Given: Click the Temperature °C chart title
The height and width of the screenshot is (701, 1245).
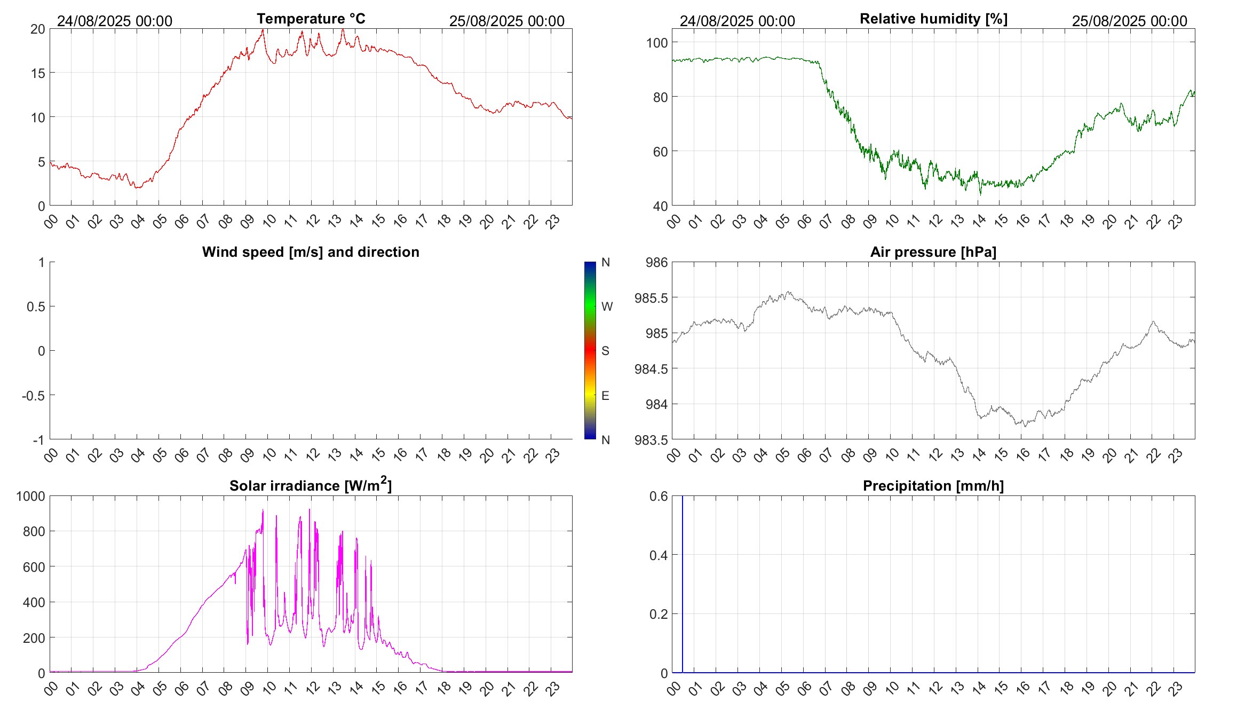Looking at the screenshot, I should pos(311,19).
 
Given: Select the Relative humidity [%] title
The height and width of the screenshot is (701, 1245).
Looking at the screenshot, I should pos(933,19).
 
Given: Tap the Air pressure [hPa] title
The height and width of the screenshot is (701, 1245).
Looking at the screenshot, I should pos(933,252).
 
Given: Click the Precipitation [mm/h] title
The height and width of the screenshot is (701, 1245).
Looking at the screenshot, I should pos(933,486).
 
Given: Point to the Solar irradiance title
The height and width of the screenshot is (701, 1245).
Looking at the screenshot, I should pos(311,485).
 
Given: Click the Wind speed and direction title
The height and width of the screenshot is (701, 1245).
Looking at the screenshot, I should pos(311,252).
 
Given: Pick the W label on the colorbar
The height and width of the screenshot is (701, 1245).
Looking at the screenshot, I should pos(607,306).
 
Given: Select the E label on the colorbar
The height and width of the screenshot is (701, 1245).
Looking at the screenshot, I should pos(605,396).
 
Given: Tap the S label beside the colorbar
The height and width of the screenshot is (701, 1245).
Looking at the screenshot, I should pos(605,351).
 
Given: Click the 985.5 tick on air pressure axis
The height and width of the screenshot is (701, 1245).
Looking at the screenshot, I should pos(651,298).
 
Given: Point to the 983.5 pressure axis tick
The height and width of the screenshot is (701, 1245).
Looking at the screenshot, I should pos(651,440).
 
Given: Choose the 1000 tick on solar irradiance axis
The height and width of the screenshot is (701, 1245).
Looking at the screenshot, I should pos(30,496).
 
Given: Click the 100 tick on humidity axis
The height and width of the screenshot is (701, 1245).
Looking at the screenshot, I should pos(656,43).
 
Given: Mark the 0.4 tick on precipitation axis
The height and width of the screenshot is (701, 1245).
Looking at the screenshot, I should pos(658,555).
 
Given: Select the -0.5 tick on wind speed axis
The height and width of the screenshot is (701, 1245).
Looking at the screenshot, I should pos(33,396).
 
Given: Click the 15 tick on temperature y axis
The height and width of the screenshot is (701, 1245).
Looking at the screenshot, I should pos(38,73).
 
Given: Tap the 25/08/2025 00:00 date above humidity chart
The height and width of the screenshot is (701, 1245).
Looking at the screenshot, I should pos(1129,21).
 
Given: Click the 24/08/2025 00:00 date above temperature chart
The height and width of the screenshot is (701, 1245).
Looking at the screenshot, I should pos(115,21).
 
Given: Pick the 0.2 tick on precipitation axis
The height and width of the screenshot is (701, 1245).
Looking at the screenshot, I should pos(658,614).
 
